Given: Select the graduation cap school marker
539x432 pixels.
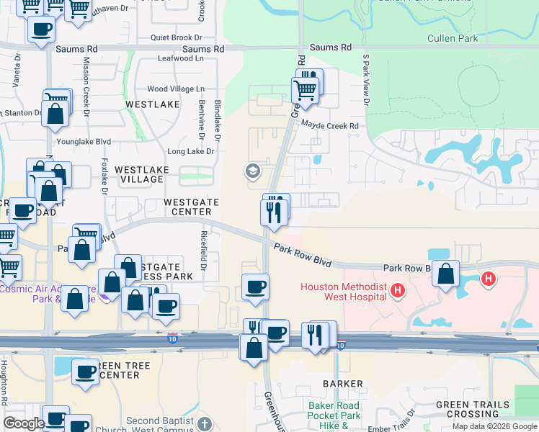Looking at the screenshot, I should click(252, 171).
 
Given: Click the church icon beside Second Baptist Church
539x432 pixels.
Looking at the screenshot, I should click(205, 423).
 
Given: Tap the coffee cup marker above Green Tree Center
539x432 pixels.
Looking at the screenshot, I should click(85, 372).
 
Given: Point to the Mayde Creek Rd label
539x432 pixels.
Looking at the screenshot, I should click(329, 125).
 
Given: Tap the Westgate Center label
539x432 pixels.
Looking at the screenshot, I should click(188, 207).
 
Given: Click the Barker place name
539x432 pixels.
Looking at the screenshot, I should click(341, 384).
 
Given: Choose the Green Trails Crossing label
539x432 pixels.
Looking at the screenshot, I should click(472, 409).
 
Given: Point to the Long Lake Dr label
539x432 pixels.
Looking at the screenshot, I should click(191, 152).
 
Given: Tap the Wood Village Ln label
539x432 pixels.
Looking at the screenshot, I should click(176, 89).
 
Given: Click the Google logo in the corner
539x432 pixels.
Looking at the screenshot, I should click(24, 424).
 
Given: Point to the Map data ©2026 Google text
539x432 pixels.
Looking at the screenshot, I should click(494, 426).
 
